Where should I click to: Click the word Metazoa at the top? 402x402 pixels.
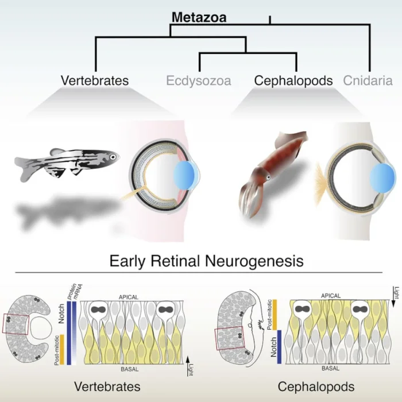199,17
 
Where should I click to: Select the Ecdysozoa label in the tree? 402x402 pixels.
199,80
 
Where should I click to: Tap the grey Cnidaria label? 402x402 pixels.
368,80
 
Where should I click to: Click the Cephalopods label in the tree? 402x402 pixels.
293,80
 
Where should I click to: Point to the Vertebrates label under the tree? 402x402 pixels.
95,80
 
